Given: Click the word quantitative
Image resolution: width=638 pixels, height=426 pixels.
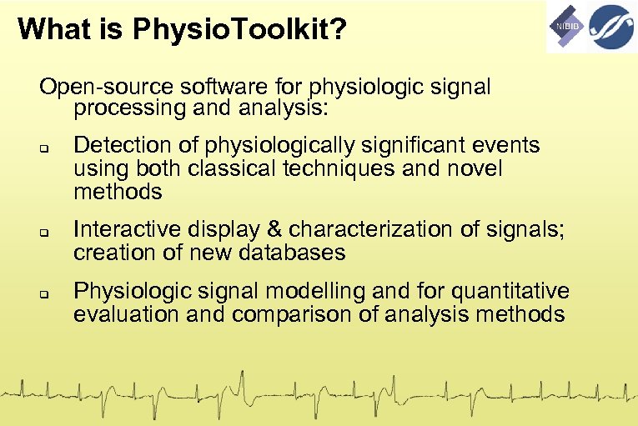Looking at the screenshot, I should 503,291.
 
